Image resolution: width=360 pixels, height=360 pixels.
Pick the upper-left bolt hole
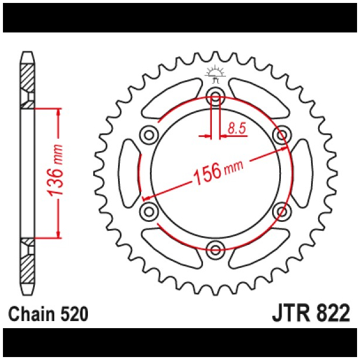[148, 134]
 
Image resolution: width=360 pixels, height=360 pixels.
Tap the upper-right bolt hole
[282, 134]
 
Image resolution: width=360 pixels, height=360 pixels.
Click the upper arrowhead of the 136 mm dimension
[58, 113]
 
